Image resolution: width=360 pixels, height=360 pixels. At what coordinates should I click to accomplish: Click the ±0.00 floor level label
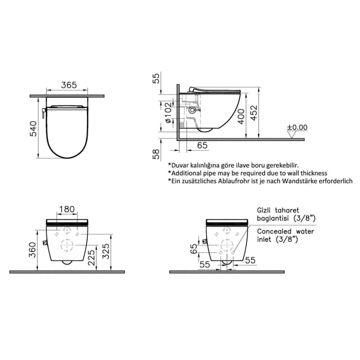click(x=297, y=127)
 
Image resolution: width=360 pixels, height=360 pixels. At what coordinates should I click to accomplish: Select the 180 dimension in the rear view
click(x=67, y=209)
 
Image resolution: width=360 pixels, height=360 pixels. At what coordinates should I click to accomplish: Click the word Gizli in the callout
click(x=266, y=210)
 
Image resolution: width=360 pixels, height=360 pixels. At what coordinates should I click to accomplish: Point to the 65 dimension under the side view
click(x=202, y=146)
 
